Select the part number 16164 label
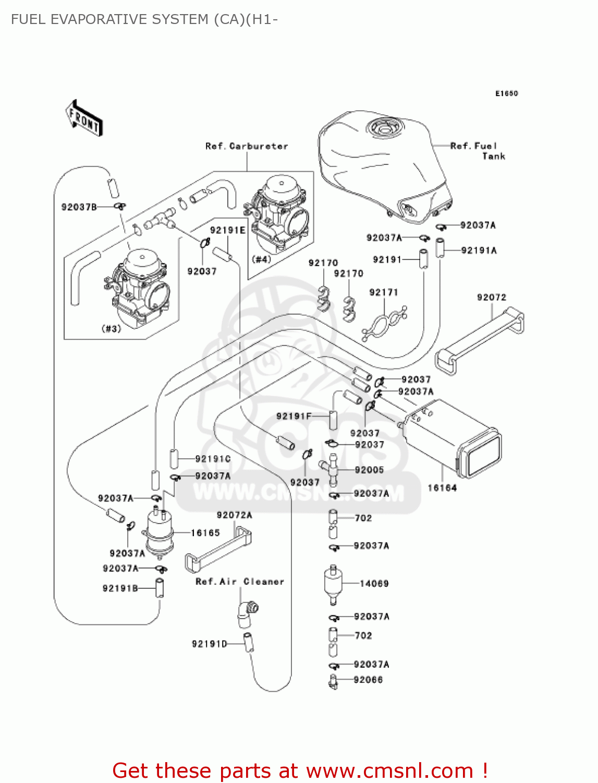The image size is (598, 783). tap(442, 488)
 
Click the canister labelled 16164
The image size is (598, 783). tap(453, 438)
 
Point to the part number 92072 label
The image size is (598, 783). tap(491, 298)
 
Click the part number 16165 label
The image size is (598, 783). tap(205, 533)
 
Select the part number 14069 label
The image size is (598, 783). tap(374, 584)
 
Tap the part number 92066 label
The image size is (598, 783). tap(368, 680)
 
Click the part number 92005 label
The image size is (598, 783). tap(369, 470)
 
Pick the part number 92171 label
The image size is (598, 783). tap(383, 292)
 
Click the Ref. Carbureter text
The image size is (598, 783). tap(247, 146)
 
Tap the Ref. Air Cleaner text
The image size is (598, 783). tap(240, 582)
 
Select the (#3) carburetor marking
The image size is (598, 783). tap(111, 328)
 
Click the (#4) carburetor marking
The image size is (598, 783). tap(261, 259)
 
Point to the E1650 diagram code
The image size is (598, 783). tap(506, 93)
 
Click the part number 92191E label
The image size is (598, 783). tap(227, 230)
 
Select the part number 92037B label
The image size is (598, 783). tap(79, 207)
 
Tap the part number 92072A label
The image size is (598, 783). tap(234, 515)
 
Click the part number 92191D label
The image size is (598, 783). tap(210, 644)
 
